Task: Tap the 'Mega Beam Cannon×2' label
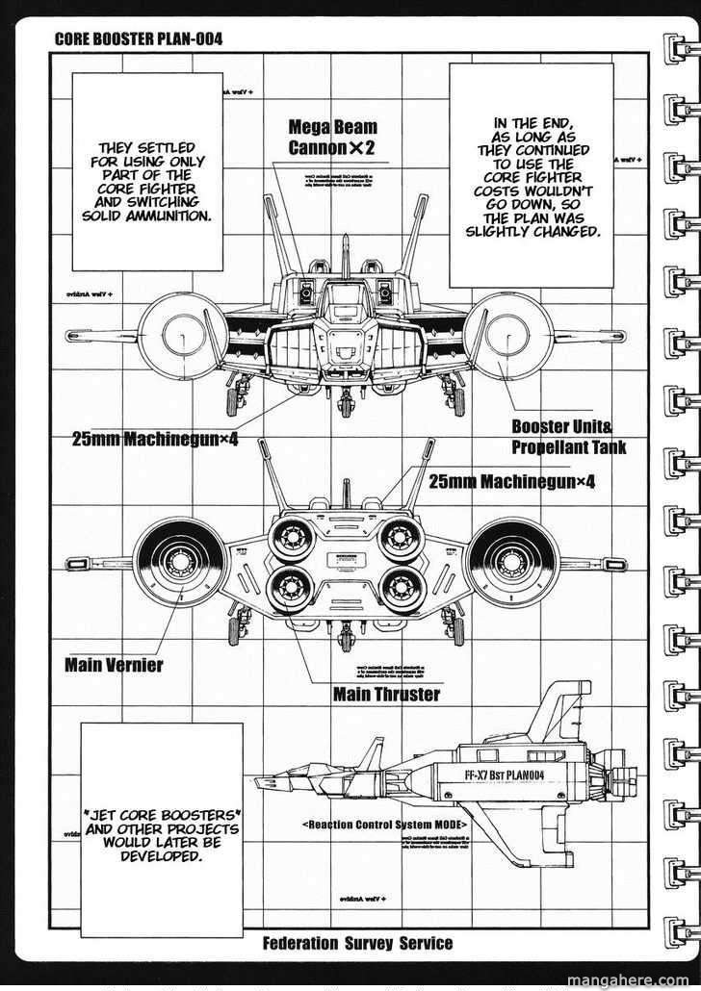(333, 137)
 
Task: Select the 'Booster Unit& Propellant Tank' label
(568, 438)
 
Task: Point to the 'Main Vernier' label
(114, 664)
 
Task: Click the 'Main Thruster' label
(386, 694)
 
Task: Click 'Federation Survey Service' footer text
(357, 943)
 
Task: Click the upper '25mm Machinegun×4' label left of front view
(156, 440)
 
